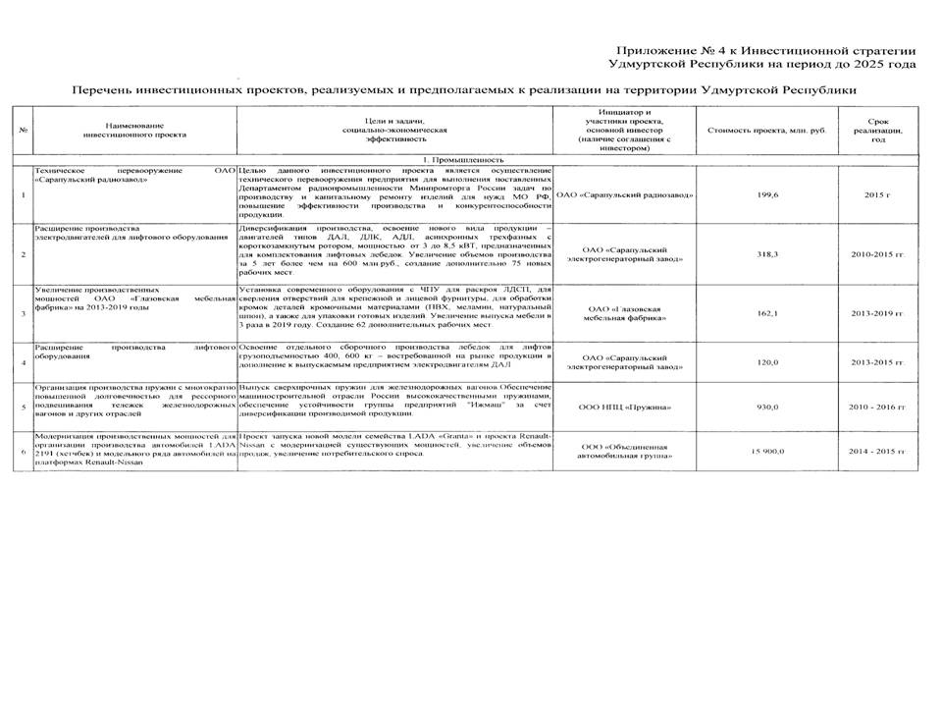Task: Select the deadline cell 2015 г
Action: click(877, 194)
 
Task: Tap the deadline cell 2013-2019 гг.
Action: click(877, 313)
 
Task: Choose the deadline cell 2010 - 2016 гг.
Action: click(877, 407)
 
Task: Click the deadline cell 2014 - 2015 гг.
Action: click(877, 451)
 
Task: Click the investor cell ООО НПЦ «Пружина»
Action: click(625, 407)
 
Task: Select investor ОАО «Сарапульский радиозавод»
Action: click(625, 194)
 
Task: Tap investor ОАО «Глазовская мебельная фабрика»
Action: click(625, 313)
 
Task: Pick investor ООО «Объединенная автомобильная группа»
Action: click(625, 452)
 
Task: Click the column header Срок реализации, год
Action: click(877, 131)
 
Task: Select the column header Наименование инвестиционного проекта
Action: click(134, 131)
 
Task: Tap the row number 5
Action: click(23, 407)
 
